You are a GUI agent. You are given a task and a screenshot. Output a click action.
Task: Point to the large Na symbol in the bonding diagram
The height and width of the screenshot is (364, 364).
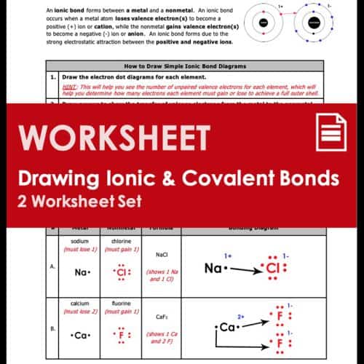(x=213, y=269)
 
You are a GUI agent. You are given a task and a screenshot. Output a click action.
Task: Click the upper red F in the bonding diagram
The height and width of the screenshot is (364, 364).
(x=278, y=317)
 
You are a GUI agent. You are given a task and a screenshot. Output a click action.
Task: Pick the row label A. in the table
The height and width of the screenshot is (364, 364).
(x=52, y=266)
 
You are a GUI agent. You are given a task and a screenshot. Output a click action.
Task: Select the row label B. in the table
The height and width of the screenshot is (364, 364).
(x=52, y=328)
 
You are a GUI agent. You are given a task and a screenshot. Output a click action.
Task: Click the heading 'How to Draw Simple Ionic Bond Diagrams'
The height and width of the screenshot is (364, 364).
(x=186, y=65)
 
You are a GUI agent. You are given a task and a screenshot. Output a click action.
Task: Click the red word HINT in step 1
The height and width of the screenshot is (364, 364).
(x=71, y=85)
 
